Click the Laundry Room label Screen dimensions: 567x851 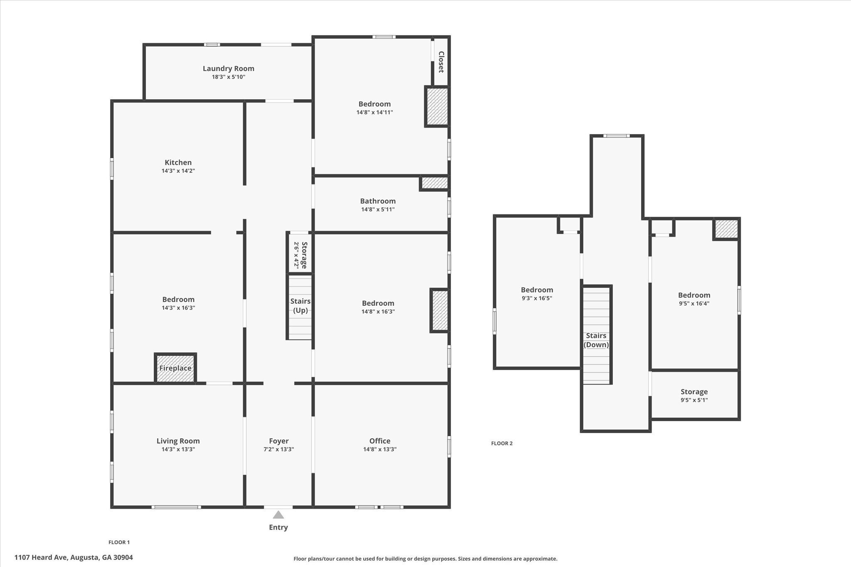pos(228,69)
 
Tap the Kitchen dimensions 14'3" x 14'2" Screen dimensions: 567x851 pos(178,171)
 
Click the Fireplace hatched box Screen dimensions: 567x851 pos(175,368)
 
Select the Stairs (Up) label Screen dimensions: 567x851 pos(300,306)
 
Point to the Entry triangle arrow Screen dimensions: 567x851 pos(278,515)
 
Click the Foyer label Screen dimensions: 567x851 pos(278,441)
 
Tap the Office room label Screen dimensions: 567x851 pos(379,441)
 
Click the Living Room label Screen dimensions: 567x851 pos(178,441)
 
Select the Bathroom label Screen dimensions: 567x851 pos(378,201)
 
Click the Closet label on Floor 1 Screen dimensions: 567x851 pos(441,62)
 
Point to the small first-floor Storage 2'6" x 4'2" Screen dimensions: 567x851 pos(300,254)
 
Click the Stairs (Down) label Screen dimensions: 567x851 pos(596,340)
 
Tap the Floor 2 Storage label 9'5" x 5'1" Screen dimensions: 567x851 pos(694,395)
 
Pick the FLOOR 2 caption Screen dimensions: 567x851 pos(502,443)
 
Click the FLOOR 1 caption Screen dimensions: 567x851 pos(119,542)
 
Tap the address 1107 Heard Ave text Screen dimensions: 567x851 pos(74,557)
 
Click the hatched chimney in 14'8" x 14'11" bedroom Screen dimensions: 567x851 pos(437,106)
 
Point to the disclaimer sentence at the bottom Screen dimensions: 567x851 pos(425,559)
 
